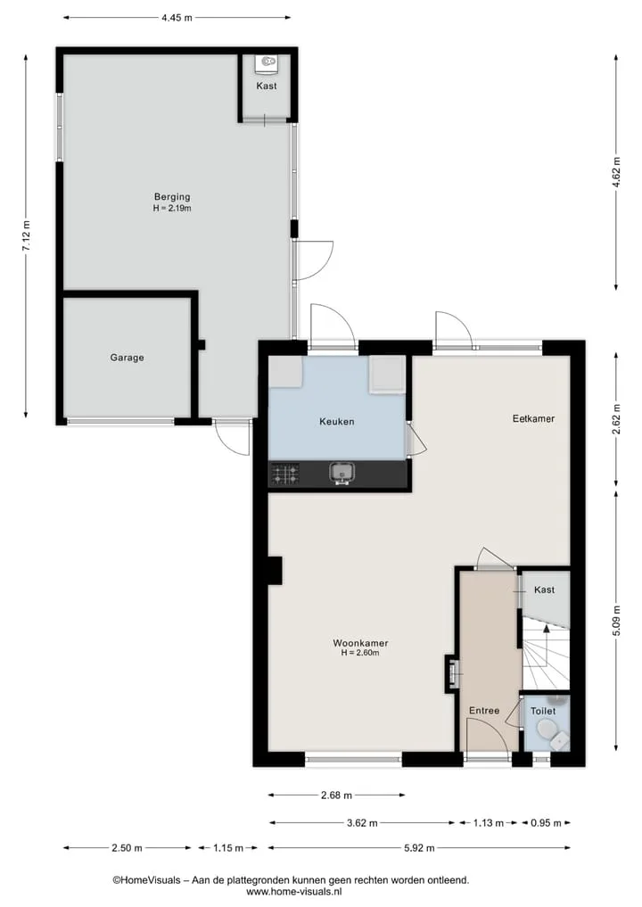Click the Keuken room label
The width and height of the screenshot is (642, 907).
pyautogui.click(x=337, y=422)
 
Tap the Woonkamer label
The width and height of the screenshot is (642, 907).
pyautogui.click(x=360, y=643)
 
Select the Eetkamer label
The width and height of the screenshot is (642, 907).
pyautogui.click(x=533, y=418)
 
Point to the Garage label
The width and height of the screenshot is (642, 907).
pyautogui.click(x=128, y=358)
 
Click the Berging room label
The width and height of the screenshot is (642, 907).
pyautogui.click(x=172, y=197)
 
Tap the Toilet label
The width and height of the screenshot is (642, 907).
pyautogui.click(x=543, y=711)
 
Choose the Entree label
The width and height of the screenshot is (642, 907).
pyautogui.click(x=484, y=710)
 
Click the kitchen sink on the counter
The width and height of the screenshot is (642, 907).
pyautogui.click(x=342, y=474)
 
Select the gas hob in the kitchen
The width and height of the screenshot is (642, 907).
pyautogui.click(x=285, y=474)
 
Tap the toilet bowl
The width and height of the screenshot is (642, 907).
pyautogui.click(x=546, y=730)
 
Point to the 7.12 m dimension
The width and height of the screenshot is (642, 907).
pyautogui.click(x=26, y=236)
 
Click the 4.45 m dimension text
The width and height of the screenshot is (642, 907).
pyautogui.click(x=177, y=17)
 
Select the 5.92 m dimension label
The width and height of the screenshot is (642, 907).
pyautogui.click(x=419, y=848)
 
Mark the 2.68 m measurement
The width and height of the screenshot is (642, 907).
pyautogui.click(x=337, y=796)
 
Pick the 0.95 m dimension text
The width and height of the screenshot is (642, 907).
pyautogui.click(x=546, y=823)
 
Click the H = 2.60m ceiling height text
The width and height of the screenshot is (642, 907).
pyautogui.click(x=360, y=653)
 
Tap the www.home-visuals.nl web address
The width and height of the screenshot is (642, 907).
pyautogui.click(x=294, y=892)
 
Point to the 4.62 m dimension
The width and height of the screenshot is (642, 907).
pyautogui.click(x=616, y=172)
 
